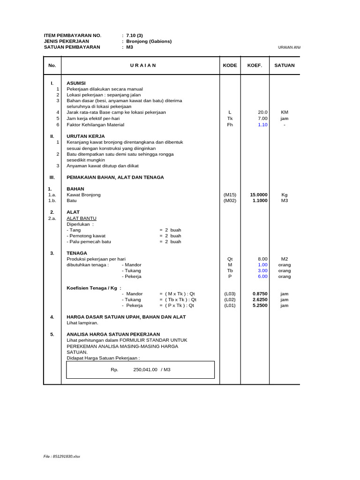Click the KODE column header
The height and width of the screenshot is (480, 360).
(230, 66)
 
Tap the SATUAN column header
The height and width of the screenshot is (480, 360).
(285, 66)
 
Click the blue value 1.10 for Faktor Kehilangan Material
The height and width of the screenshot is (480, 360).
(262, 125)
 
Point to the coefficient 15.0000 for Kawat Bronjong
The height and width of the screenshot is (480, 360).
(259, 195)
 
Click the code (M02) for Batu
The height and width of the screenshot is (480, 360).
(230, 201)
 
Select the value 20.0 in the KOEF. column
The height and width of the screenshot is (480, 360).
(262, 112)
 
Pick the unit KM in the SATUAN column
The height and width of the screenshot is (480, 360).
(285, 112)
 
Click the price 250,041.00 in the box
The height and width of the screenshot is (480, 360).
(145, 370)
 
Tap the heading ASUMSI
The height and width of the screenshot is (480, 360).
(76, 83)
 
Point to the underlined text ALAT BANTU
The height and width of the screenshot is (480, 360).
(82, 218)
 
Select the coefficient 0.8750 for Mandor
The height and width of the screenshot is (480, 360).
(260, 294)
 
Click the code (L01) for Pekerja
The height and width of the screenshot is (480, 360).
(230, 306)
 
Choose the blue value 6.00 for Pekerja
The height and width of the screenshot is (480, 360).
(262, 277)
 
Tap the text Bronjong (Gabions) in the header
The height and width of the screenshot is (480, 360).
(149, 41)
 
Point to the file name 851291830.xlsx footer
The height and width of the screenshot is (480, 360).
(62, 456)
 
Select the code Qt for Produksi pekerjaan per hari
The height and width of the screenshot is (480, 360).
(230, 259)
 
